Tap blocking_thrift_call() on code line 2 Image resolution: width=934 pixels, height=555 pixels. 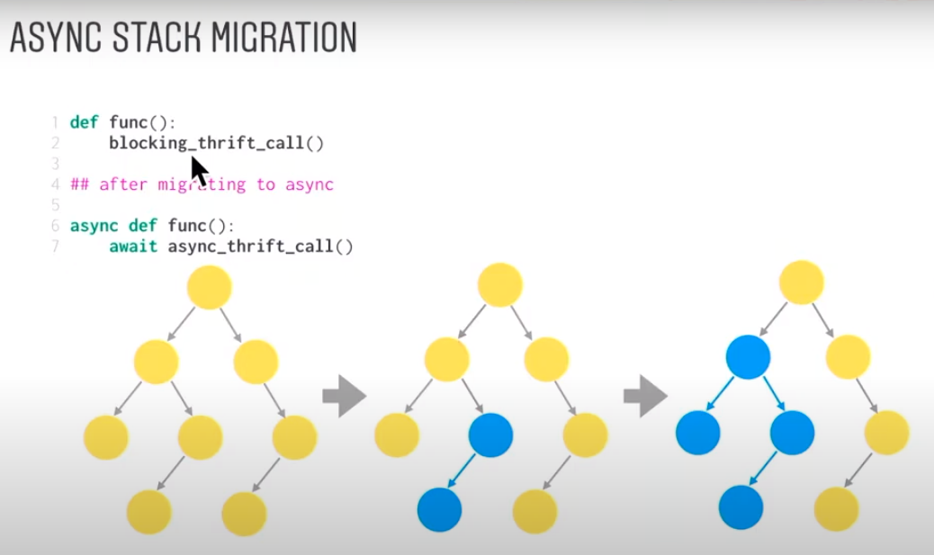coord(216,142)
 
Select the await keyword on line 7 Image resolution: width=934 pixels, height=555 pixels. coord(134,246)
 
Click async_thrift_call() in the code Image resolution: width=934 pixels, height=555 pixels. coord(260,246)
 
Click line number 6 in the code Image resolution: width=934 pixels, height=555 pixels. coord(55,226)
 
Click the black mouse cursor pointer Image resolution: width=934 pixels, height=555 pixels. coord(199,171)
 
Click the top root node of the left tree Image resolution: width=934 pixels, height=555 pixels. coord(210,288)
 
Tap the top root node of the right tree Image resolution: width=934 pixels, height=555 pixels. coord(802,282)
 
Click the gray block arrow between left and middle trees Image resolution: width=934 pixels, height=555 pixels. coord(344,396)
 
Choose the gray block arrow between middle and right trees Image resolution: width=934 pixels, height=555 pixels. coord(645,396)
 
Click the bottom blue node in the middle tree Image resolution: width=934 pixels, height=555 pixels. coord(439,510)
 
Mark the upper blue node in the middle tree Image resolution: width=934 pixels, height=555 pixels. coord(491,435)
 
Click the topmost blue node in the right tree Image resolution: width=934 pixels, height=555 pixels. coord(748,356)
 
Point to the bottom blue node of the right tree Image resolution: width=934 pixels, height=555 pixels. coord(741,506)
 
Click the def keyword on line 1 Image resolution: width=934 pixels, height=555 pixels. coord(84,122)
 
